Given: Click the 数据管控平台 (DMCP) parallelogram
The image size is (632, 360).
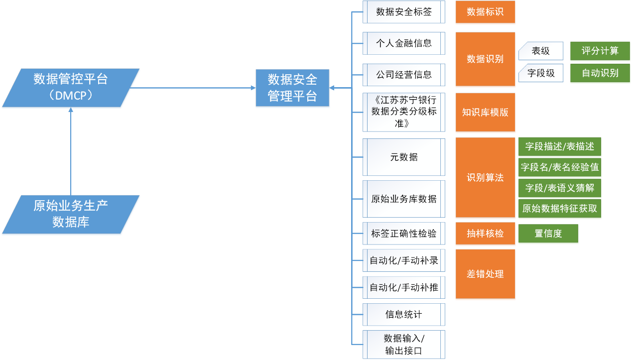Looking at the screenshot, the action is pos(71,88).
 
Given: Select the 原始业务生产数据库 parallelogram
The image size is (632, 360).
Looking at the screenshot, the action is pos(71,215).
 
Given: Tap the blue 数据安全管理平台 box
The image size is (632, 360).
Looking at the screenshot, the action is pos(292,88).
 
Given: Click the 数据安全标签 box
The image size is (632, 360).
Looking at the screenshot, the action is pos(404,12).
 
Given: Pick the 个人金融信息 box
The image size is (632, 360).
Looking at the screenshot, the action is pos(404,43).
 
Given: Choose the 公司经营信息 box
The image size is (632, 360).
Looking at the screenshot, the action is pos(404,75).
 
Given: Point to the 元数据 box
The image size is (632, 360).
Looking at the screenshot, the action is pos(404,157).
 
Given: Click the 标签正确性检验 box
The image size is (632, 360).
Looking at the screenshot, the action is pos(404,234).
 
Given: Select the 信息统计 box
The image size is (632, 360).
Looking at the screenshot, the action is pos(404,315).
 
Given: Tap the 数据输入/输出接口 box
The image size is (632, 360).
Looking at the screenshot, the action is pos(404,345).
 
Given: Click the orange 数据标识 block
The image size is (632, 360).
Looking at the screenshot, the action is pos(485,12).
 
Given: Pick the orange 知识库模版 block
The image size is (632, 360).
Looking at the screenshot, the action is pos(485,113).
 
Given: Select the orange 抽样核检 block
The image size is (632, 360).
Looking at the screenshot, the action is pos(485,234).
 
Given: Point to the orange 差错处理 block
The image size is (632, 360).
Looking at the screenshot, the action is pos(485,274).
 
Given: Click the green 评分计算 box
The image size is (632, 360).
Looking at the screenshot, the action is pos(600,51).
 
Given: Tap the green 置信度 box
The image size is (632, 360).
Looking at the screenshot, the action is pos(548,234).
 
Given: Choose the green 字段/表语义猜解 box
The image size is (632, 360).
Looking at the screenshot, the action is pos(560,188).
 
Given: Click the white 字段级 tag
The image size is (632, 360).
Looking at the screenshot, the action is pos(541,73).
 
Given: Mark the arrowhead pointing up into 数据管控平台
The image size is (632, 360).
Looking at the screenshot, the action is pos(71,110).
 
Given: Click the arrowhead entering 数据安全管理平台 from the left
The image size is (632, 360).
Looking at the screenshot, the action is pos(253,88).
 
